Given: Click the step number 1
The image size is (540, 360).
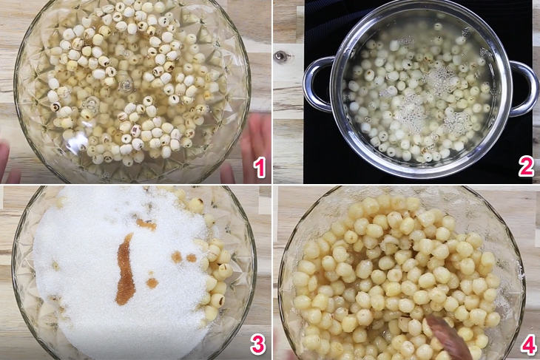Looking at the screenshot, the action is pos(260,168).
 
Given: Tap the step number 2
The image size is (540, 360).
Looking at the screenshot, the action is pos(525,167).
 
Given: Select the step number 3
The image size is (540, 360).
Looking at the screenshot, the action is pos(257,344).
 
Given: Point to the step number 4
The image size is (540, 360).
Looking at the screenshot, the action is pos(528,344).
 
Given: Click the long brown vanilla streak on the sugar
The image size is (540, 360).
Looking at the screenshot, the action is pos(125,269).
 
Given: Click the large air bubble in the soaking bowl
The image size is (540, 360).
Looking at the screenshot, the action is pos(126,84).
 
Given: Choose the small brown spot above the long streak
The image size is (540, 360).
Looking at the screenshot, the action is pos(146,225).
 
